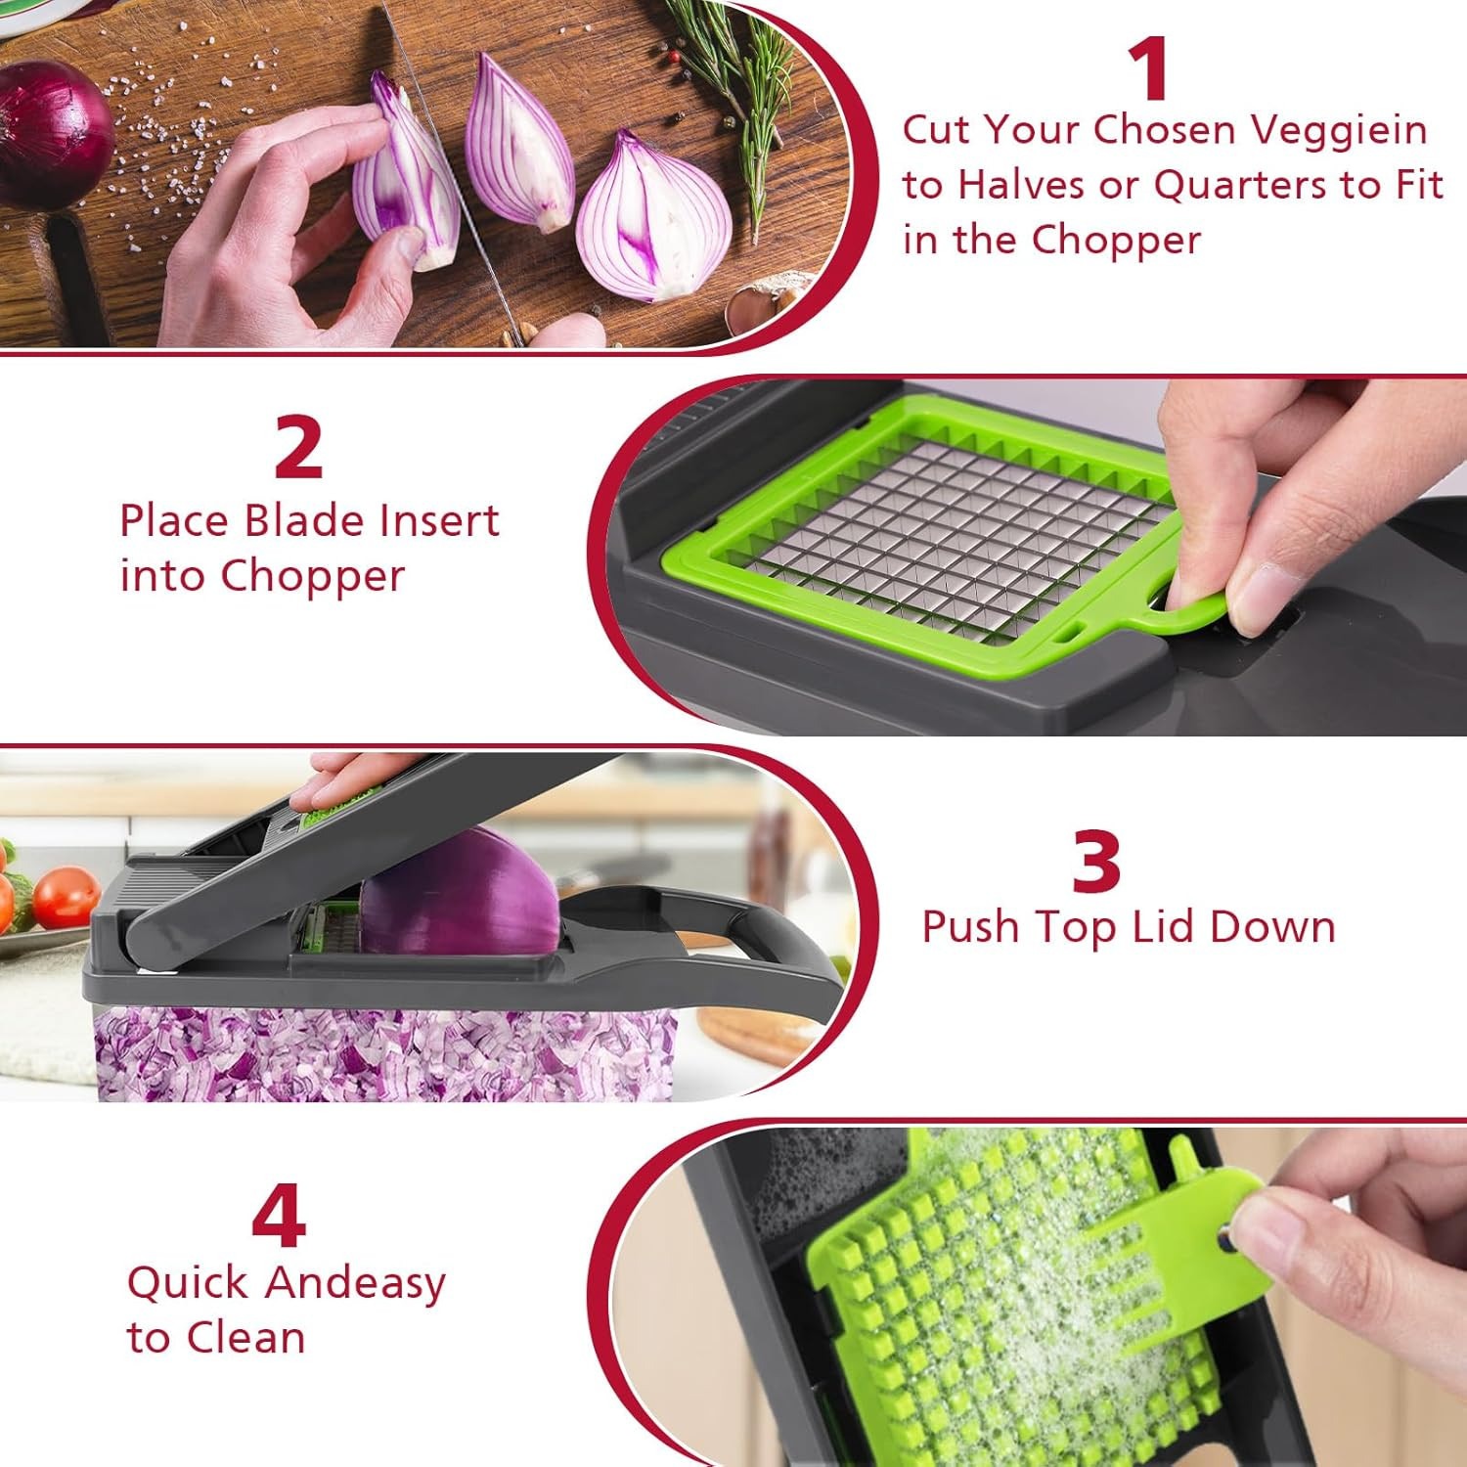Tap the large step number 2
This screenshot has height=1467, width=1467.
click(298, 448)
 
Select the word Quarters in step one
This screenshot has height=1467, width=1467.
click(1241, 185)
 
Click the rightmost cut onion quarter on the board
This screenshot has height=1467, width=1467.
click(652, 220)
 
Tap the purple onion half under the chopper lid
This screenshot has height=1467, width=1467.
click(460, 890)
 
